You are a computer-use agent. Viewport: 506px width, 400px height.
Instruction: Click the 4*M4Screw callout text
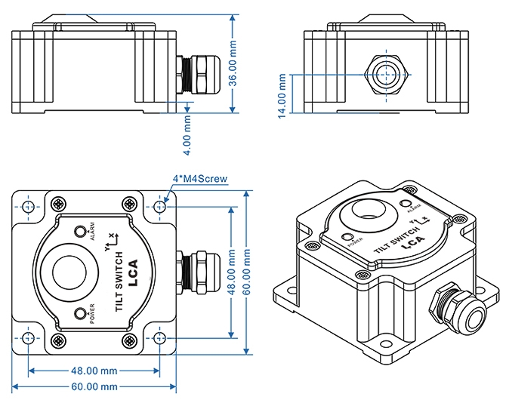[x=200, y=179]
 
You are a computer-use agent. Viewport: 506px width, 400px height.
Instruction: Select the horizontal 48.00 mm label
[x=94, y=371]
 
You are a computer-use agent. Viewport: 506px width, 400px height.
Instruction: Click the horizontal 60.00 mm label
[x=94, y=387]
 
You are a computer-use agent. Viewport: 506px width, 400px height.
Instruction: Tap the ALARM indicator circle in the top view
[x=81, y=231]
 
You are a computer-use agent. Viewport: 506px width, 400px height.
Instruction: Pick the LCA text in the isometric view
[x=412, y=242]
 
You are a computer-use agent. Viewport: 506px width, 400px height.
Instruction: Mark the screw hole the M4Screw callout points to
[x=160, y=206]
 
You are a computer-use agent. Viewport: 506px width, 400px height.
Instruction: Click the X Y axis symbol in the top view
[x=108, y=238]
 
